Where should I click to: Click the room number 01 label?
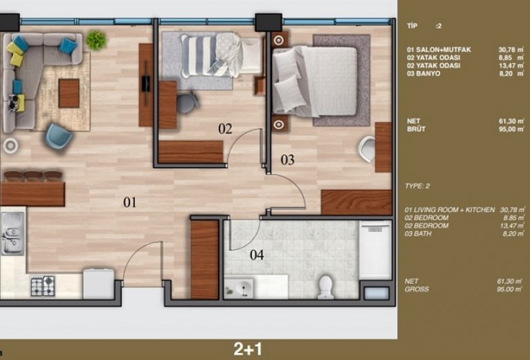click(130, 202)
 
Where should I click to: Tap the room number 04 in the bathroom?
click(257, 255)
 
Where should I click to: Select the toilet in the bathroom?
click(326, 287)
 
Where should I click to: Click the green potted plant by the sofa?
click(96, 40)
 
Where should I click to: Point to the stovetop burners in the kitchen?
click(43, 286)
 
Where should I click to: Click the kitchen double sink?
click(12, 233)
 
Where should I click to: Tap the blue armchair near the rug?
click(59, 136)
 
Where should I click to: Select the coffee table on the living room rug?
click(69, 94)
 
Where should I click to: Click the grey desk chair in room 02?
click(187, 102)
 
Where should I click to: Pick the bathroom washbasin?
click(240, 288)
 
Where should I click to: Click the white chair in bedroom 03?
click(367, 148)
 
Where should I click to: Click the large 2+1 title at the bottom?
click(248, 349)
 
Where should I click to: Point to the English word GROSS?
click(416, 289)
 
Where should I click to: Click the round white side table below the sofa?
click(10, 146)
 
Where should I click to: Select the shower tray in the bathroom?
click(375, 250)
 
